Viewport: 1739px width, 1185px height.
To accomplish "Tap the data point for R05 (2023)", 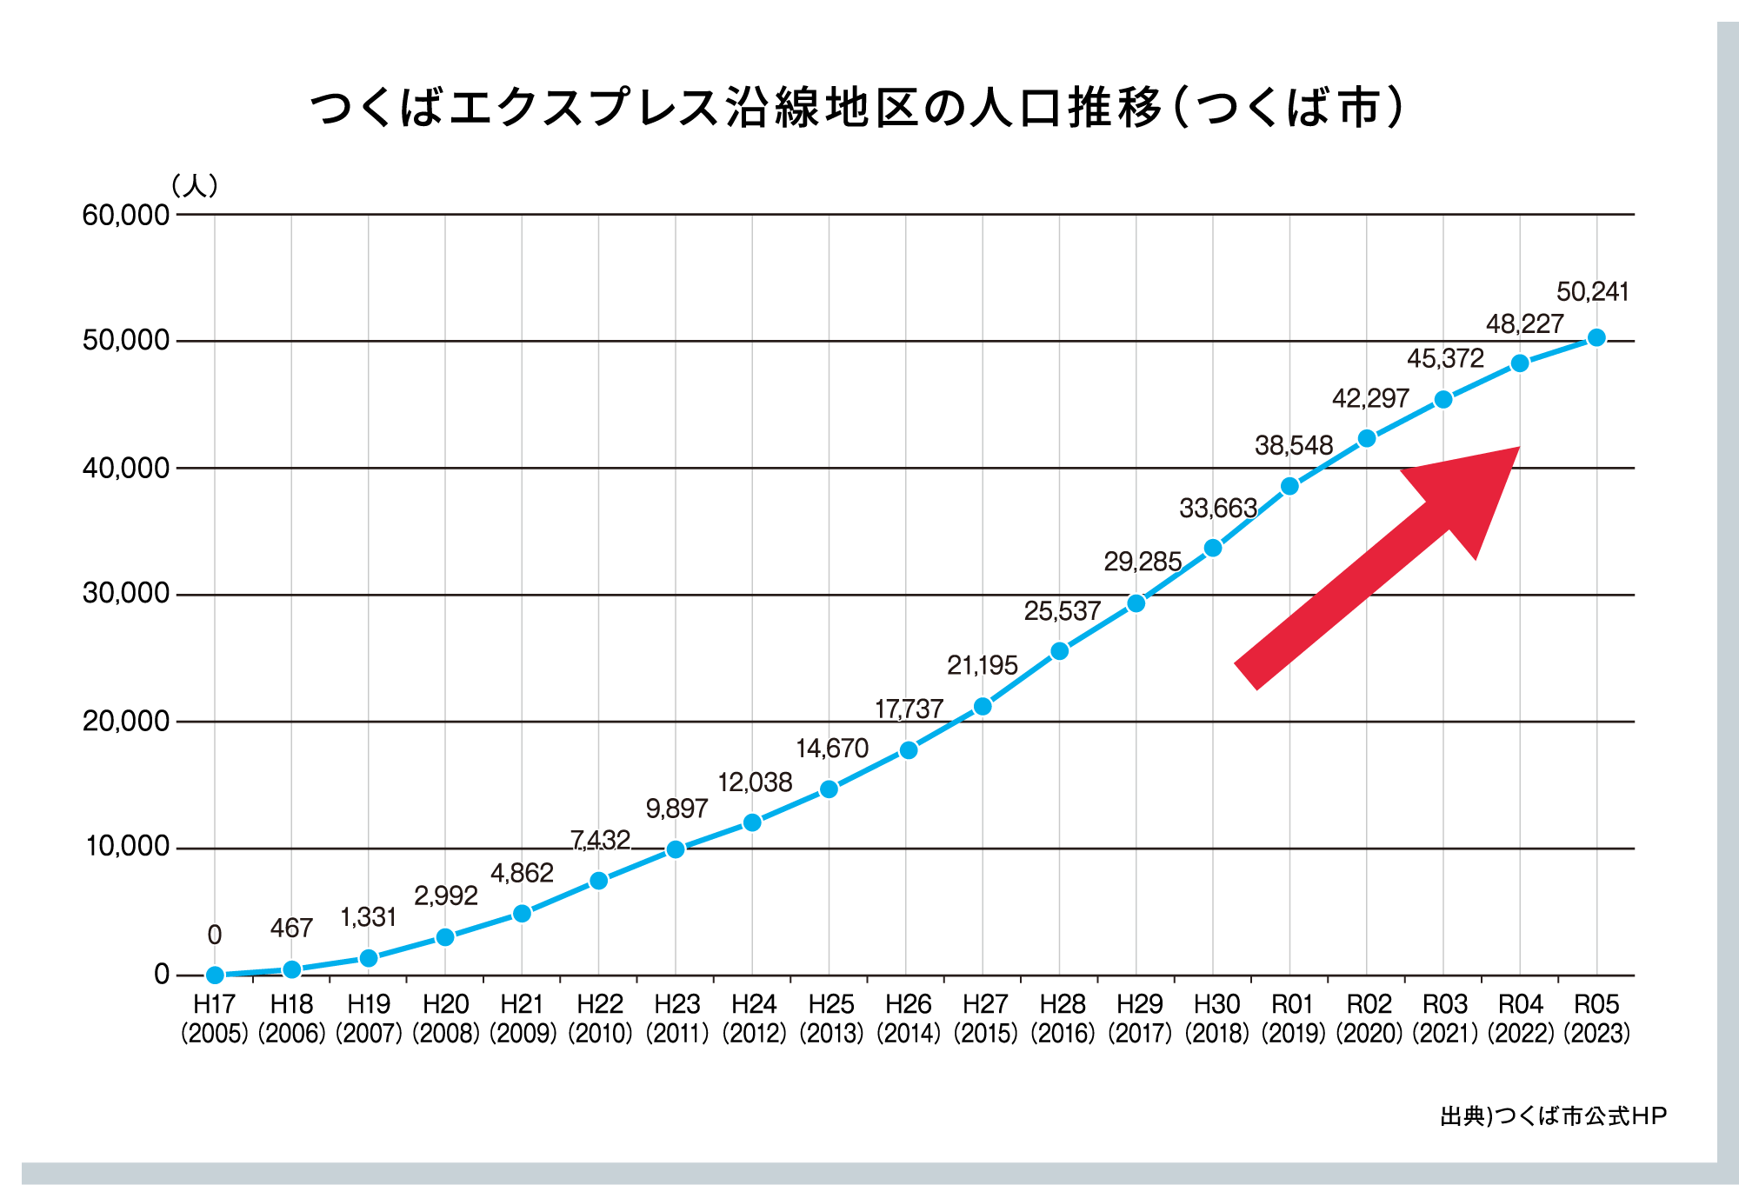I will tap(1596, 337).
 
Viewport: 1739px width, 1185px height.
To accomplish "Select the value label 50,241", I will tap(1592, 292).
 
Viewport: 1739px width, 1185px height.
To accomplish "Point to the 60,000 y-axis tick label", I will tap(126, 215).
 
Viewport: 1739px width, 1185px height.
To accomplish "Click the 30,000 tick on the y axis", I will tap(126, 594).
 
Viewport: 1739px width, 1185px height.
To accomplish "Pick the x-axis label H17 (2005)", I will tap(215, 1018).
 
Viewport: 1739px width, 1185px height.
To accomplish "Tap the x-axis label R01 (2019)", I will tap(1292, 1018).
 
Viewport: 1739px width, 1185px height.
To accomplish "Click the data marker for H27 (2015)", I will tap(983, 706).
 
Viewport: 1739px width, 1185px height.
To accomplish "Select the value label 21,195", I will tap(982, 666).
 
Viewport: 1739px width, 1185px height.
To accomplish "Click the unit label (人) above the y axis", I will tap(195, 185).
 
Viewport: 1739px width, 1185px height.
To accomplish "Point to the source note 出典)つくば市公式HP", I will tap(1553, 1116).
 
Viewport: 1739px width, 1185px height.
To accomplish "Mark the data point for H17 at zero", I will tap(215, 975).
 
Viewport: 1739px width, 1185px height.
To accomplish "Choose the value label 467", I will tap(291, 929).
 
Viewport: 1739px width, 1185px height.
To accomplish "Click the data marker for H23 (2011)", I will tap(676, 849).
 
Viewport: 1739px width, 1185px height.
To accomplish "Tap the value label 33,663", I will tap(1217, 508).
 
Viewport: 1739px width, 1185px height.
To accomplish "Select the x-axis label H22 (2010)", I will tap(600, 1018).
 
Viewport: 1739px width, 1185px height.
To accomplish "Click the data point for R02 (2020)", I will tap(1367, 438).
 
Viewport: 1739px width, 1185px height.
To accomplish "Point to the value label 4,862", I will tap(522, 873).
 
